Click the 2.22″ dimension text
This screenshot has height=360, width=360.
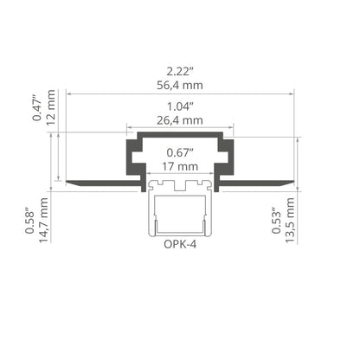point(180,71)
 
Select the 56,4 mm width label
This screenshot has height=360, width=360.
point(180,85)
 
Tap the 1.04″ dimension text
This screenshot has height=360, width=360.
point(180,106)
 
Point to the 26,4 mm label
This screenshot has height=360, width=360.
point(180,120)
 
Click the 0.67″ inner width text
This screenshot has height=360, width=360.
point(180,152)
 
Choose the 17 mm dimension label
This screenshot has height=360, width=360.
point(180,166)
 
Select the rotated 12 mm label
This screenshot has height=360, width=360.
point(51,107)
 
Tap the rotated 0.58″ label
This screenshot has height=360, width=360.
point(29,221)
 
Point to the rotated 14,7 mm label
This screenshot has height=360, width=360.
point(43,220)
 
